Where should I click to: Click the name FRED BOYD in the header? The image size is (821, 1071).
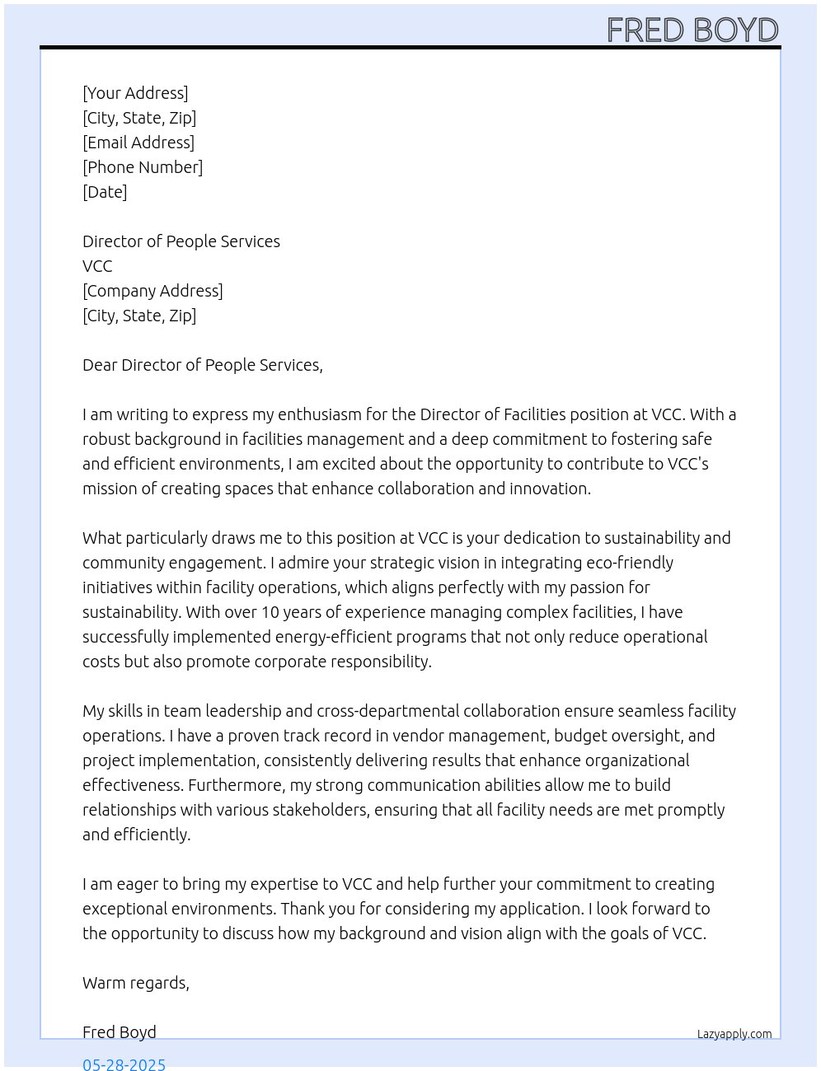(692, 30)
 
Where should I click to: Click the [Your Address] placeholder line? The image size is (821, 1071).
(135, 93)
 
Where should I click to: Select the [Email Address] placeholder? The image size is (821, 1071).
(138, 143)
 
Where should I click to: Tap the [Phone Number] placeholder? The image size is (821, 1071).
(143, 167)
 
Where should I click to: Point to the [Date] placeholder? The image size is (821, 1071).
(105, 192)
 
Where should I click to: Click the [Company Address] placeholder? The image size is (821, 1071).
(152, 291)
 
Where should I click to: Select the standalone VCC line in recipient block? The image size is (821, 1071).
(97, 266)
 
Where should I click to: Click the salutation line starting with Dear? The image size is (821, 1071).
(202, 365)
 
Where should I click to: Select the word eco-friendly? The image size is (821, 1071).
(630, 563)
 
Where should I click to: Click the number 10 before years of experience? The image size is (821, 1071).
(270, 612)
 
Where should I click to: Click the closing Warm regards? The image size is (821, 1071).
(136, 983)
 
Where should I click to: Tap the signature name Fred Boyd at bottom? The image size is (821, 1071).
(120, 1032)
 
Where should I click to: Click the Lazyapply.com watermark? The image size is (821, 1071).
(734, 1034)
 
